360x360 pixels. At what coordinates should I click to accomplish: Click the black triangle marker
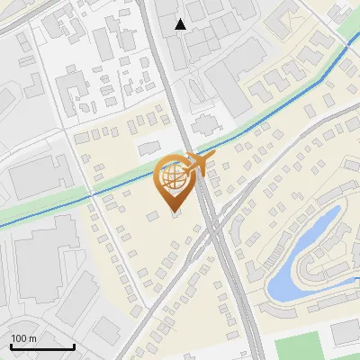[x=181, y=24]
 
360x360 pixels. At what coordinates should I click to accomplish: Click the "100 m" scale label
[x=24, y=338]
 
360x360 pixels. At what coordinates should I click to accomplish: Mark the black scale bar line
[x=42, y=347]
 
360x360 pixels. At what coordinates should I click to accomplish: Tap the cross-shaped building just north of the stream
[x=204, y=123]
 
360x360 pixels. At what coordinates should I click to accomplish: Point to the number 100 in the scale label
[x=19, y=338]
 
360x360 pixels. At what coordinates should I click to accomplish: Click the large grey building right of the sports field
[x=345, y=333]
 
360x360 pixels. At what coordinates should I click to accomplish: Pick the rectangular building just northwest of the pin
[x=148, y=147]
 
